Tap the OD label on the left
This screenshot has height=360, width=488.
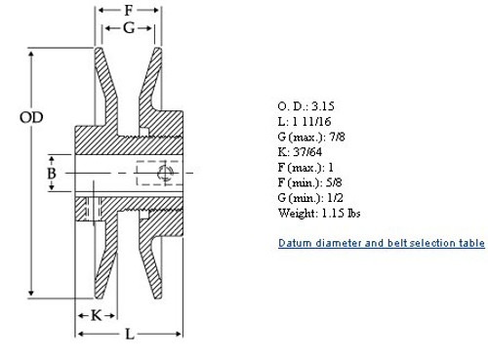click(x=32, y=118)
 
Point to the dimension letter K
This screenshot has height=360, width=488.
click(x=97, y=314)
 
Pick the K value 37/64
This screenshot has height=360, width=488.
click(x=309, y=151)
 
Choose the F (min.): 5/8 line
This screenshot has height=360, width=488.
click(x=317, y=182)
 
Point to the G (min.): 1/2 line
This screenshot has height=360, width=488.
click(x=316, y=198)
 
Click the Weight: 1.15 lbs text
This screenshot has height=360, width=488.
click(x=322, y=214)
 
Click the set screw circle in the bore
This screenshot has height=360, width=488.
click(x=163, y=174)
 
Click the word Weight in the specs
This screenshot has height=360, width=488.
click(x=298, y=214)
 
